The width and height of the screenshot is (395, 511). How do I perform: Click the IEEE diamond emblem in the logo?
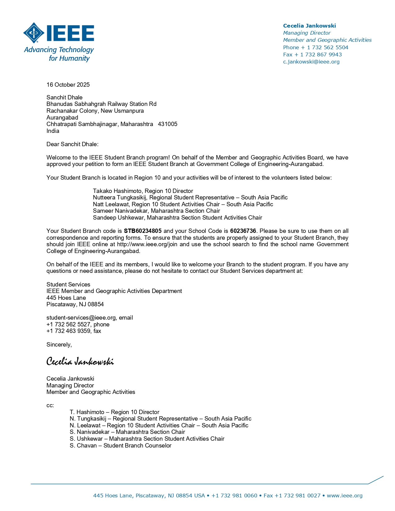33,33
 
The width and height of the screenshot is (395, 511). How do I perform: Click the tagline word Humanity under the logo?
74,59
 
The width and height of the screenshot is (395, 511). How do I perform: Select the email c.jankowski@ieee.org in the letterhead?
311,62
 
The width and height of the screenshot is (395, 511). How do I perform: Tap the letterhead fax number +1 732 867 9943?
321,55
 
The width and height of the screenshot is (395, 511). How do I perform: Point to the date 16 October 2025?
68,85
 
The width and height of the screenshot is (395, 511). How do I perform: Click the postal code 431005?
168,124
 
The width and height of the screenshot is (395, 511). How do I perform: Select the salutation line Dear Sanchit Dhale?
72,144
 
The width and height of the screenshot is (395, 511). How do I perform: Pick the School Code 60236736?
243,231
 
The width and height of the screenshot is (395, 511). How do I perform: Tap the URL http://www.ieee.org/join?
148,244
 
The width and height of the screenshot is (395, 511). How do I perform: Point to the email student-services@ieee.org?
81,318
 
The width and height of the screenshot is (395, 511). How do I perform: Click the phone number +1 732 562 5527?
68,325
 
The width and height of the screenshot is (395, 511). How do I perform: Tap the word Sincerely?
59,345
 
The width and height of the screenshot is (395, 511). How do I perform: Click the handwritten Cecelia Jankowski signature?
80,361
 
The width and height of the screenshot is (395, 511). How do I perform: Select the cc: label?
50,405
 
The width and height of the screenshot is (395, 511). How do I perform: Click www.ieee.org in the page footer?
345,496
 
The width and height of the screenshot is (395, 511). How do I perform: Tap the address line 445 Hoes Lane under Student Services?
66,298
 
